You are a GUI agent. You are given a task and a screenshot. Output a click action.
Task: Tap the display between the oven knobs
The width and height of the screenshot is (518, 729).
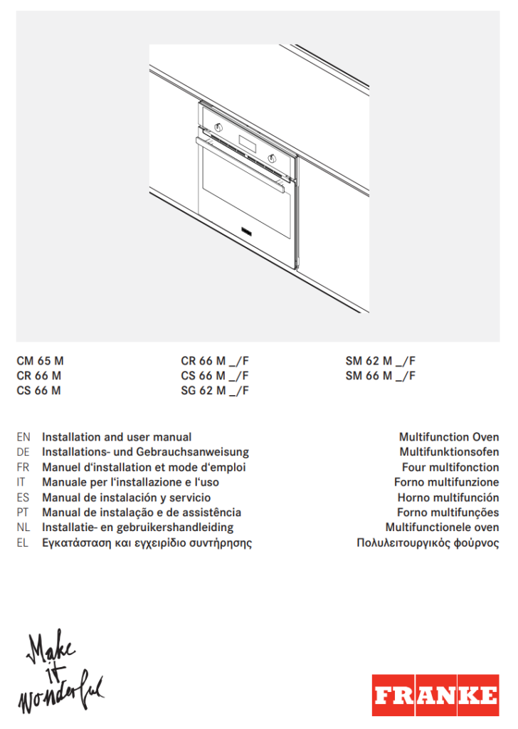(247, 144)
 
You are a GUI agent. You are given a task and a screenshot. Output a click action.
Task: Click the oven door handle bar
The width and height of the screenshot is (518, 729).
(242, 164)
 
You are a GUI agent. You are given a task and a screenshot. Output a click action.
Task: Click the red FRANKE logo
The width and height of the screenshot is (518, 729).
(435, 695)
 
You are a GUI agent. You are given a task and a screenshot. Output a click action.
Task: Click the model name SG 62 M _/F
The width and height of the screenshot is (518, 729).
(214, 390)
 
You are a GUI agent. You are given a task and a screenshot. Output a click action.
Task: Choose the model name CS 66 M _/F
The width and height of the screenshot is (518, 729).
(214, 375)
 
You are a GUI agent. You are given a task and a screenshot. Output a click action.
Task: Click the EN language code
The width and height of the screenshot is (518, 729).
(23, 437)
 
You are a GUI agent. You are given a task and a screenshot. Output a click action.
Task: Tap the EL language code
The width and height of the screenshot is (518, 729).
(23, 543)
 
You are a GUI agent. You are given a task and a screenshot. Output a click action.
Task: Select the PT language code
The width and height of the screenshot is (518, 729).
(23, 513)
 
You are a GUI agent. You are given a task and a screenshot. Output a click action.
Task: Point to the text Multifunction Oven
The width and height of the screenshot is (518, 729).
(449, 437)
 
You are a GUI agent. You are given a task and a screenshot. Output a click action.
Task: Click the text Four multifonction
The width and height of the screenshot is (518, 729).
(450, 468)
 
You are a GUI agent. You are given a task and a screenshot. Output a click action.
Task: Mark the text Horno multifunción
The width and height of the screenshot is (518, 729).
(448, 498)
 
